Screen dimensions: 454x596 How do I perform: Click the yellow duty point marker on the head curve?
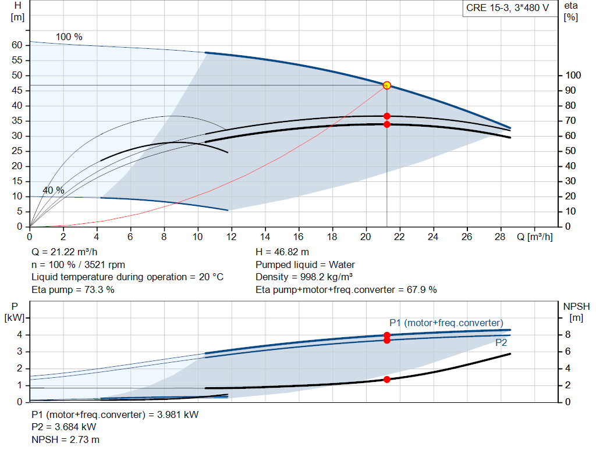(386, 85)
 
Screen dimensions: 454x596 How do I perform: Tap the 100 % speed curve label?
(69, 37)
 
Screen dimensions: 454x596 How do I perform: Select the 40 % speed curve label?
(54, 191)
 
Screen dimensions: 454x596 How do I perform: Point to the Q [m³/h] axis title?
(535, 237)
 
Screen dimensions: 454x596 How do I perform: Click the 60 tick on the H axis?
(17, 45)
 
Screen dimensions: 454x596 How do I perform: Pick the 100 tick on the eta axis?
(573, 76)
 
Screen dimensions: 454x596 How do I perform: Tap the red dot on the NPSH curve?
(386, 379)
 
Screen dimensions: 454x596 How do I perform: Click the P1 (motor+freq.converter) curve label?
(446, 323)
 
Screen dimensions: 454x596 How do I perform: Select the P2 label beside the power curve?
(501, 343)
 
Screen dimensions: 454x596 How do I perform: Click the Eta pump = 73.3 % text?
(73, 289)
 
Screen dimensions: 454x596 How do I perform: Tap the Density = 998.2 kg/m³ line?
(304, 277)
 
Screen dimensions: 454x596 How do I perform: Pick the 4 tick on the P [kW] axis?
(19, 335)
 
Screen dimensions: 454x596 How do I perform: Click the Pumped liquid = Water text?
(305, 264)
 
